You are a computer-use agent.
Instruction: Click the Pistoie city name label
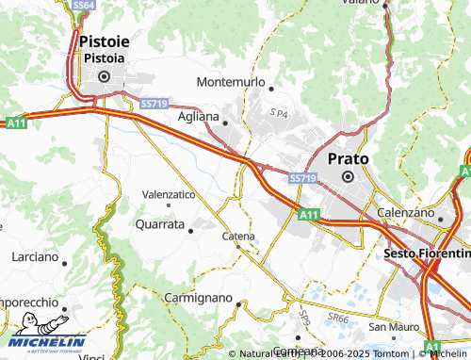(105, 41)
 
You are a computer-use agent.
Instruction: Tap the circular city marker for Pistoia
(105, 77)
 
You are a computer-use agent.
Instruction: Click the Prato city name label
(348, 159)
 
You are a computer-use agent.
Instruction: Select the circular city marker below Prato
(348, 176)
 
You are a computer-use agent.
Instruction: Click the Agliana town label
(198, 117)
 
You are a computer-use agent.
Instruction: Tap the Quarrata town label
(159, 225)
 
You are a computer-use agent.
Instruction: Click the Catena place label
(238, 236)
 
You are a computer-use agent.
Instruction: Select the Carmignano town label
(198, 297)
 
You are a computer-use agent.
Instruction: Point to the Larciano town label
(35, 256)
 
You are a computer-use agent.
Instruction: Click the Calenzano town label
(410, 214)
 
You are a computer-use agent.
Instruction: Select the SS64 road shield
(84, 6)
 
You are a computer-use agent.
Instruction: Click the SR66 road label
(338, 320)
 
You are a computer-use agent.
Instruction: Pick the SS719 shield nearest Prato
(301, 178)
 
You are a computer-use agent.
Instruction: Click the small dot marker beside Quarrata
(191, 228)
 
